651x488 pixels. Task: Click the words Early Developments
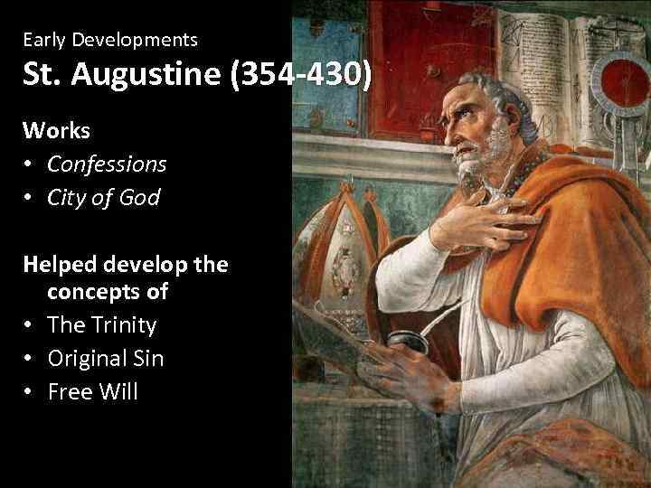click(x=110, y=40)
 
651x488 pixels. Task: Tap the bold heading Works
click(x=57, y=130)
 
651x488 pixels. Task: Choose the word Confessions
click(x=107, y=164)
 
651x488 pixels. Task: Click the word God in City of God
click(x=139, y=197)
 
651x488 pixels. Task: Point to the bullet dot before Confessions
click(x=30, y=164)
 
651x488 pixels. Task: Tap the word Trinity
click(x=123, y=324)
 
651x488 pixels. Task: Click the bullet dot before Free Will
click(x=30, y=392)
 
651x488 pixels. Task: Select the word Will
click(x=118, y=391)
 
